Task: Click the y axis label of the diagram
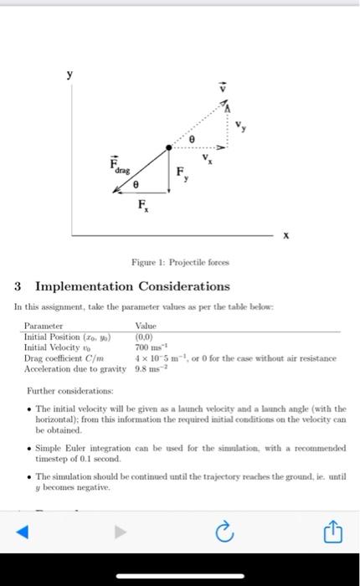tap(70, 75)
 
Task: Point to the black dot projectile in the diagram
tap(169, 146)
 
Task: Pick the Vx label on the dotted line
tap(206, 157)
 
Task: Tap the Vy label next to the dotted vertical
tap(240, 126)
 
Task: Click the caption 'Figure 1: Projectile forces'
tap(180, 262)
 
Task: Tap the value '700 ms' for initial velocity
tap(152, 347)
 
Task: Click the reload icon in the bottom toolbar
tap(224, 531)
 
